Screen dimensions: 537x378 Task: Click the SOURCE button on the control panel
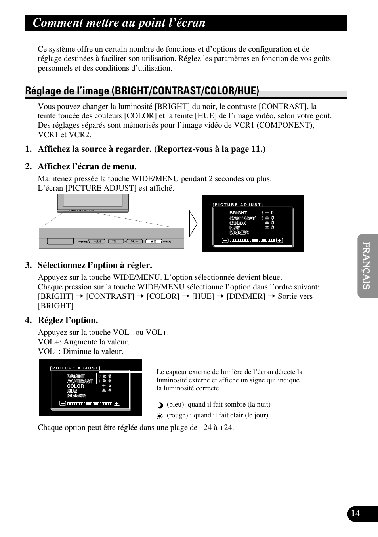(97, 241)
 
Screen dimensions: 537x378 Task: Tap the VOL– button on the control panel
(115, 241)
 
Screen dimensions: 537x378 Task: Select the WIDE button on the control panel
(153, 241)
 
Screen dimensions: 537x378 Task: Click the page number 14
(355, 513)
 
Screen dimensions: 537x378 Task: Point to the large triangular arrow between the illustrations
(193, 224)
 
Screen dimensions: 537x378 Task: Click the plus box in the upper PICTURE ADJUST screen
(280, 240)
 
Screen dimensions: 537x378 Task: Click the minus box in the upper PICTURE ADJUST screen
(225, 240)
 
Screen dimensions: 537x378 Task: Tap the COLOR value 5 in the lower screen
(110, 386)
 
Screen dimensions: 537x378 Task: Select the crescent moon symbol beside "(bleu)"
(160, 405)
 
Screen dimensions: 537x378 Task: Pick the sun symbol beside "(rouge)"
(160, 416)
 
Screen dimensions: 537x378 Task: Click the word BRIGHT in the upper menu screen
(238, 213)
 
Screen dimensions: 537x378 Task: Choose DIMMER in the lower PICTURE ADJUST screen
(76, 396)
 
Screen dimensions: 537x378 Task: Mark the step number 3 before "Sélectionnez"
(28, 265)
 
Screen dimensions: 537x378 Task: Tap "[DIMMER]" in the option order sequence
(246, 296)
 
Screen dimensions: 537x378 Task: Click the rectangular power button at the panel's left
(53, 241)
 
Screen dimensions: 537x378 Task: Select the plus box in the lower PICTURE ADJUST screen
(117, 403)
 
